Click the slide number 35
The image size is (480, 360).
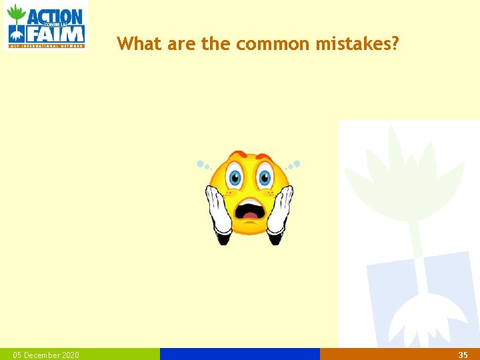pyautogui.click(x=463, y=355)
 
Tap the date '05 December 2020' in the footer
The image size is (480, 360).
pyautogui.click(x=46, y=355)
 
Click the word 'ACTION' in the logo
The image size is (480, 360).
pyautogui.click(x=55, y=16)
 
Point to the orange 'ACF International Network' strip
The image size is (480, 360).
pyautogui.click(x=46, y=46)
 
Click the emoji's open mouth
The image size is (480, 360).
pyautogui.click(x=250, y=209)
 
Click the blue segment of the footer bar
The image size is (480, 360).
pyautogui.click(x=240, y=354)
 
